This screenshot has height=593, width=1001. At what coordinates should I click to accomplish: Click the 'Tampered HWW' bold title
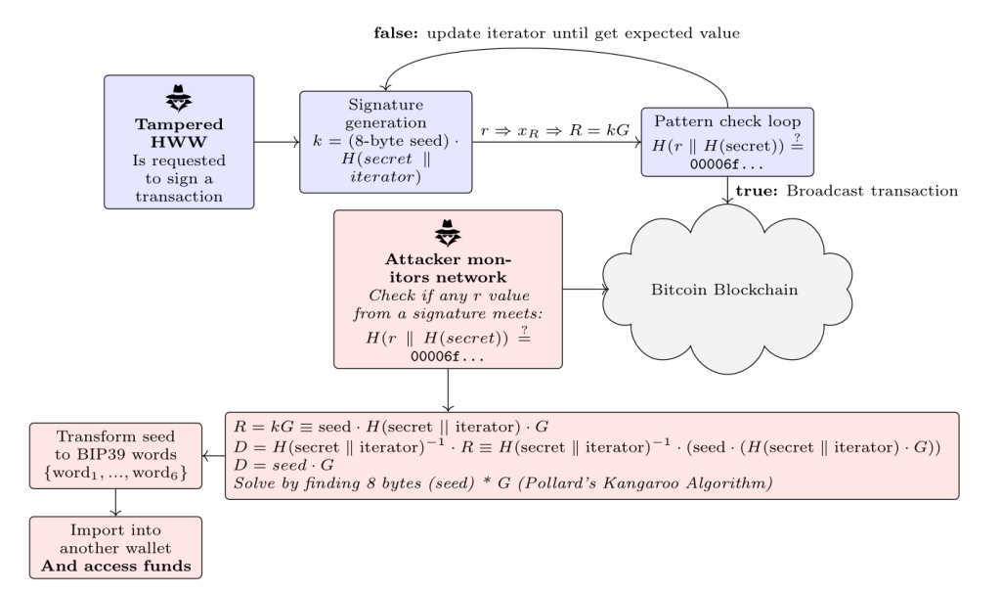pos(178,132)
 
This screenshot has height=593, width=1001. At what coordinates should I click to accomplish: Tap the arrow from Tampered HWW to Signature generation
pos(276,142)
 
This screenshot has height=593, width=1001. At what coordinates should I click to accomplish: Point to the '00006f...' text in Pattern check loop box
pos(728,161)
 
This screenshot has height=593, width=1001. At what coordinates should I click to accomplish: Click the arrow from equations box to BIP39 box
pos(213,456)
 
